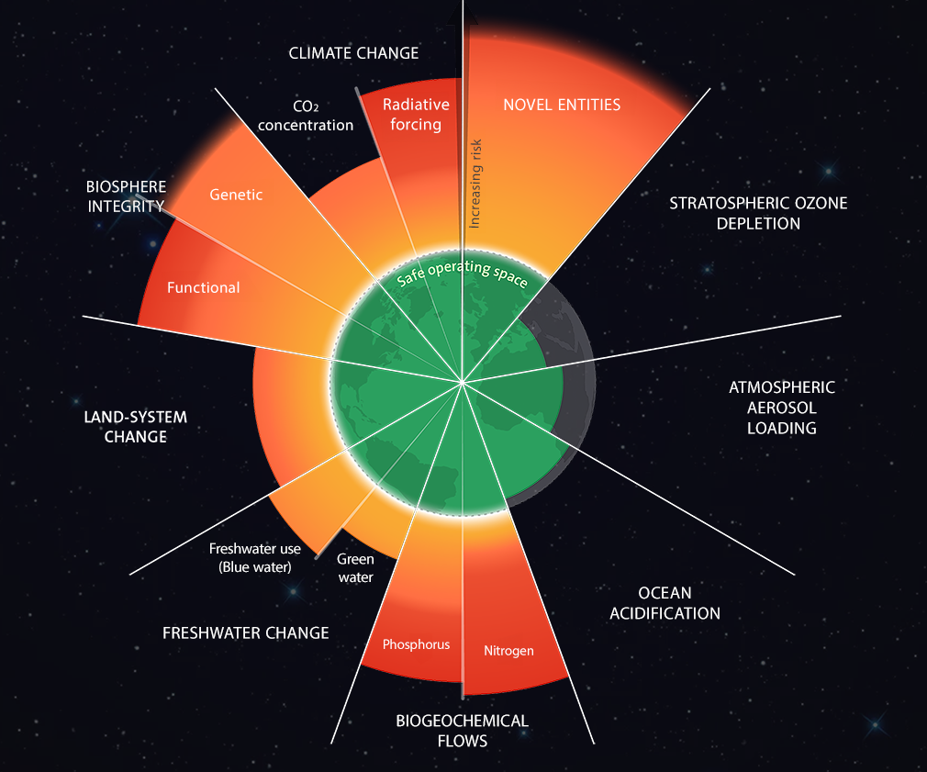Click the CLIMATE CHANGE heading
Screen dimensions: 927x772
pyautogui.click(x=353, y=53)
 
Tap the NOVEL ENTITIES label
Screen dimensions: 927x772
pyautogui.click(x=562, y=105)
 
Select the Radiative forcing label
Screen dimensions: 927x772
pyautogui.click(x=416, y=115)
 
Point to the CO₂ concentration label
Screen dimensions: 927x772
pyautogui.click(x=306, y=116)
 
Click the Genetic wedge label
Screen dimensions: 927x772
pyautogui.click(x=236, y=195)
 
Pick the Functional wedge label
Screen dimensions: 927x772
pyautogui.click(x=203, y=287)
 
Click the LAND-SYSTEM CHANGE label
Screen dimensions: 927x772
pyautogui.click(x=135, y=427)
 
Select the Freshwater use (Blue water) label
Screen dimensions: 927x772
pyautogui.click(x=250, y=558)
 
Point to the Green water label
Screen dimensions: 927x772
pyautogui.click(x=355, y=567)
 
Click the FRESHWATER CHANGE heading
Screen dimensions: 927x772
pyautogui.click(x=245, y=633)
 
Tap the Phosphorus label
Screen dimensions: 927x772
pyautogui.click(x=416, y=644)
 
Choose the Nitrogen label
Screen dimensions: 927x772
pyautogui.click(x=508, y=651)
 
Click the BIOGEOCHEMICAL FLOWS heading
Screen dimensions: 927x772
pyautogui.click(x=462, y=730)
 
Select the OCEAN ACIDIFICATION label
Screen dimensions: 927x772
pyautogui.click(x=665, y=603)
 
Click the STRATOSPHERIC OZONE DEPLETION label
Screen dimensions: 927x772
pyautogui.click(x=758, y=213)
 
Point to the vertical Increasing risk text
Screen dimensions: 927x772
pyautogui.click(x=475, y=184)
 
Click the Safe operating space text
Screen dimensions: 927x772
pyautogui.click(x=463, y=269)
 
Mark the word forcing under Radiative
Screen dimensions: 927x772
pyautogui.click(x=416, y=125)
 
